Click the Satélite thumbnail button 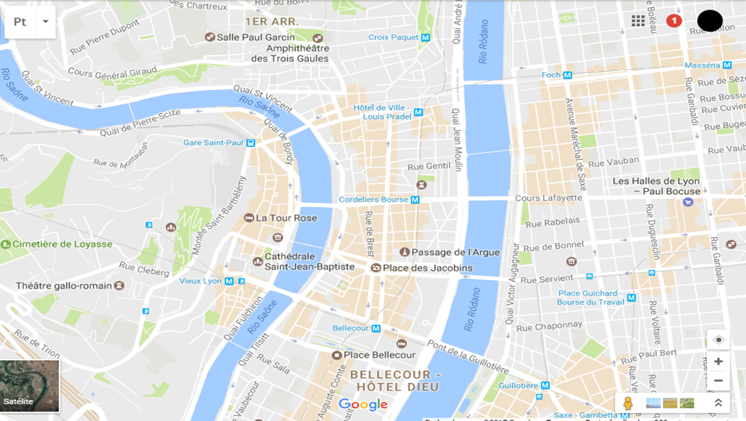click(x=30, y=385)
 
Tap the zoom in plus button click(x=718, y=362)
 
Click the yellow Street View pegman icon click(x=628, y=403)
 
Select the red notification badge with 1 click(x=674, y=21)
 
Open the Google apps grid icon click(x=638, y=21)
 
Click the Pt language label click(x=20, y=22)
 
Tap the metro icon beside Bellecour click(x=376, y=328)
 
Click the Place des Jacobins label click(x=427, y=268)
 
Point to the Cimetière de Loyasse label click(x=62, y=244)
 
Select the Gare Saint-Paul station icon click(x=251, y=143)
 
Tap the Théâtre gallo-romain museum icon click(x=119, y=285)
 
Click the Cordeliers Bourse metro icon click(x=415, y=200)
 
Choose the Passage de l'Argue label click(x=455, y=252)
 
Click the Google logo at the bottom click(x=362, y=405)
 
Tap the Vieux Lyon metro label click(x=200, y=281)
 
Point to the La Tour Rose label click(x=286, y=218)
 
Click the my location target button click(x=718, y=340)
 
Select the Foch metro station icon click(x=568, y=75)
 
